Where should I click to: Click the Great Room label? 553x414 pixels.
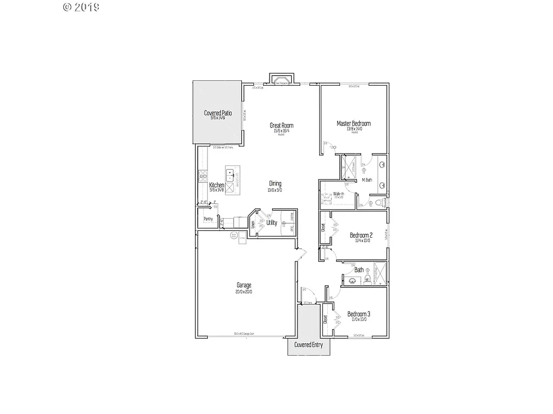[281, 126]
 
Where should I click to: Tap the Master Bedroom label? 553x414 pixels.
[354, 123]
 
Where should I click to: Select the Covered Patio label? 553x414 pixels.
[218, 113]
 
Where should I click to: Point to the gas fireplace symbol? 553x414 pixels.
[282, 81]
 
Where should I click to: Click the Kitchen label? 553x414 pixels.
[217, 185]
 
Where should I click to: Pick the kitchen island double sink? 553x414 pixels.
[233, 175]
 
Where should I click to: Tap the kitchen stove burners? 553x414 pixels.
[204, 174]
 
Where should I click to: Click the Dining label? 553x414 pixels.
[275, 183]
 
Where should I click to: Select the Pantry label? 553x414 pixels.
[208, 219]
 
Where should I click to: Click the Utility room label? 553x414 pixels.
[272, 223]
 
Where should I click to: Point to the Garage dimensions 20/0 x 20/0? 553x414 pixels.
[244, 292]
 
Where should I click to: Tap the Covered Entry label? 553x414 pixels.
[308, 345]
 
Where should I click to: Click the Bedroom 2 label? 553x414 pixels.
[361, 235]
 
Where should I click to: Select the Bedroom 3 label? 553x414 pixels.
[359, 314]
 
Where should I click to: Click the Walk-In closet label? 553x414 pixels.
[339, 194]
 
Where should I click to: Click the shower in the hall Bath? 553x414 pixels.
[380, 274]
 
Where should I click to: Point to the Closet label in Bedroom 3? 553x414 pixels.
[326, 320]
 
